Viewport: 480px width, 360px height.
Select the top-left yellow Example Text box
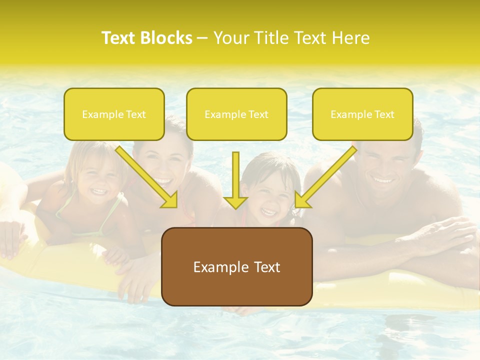pos(114,114)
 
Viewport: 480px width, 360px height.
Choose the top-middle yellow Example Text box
pos(236,114)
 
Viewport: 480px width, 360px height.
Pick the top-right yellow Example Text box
pos(362,114)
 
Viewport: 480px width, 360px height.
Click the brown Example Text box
pos(236,266)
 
